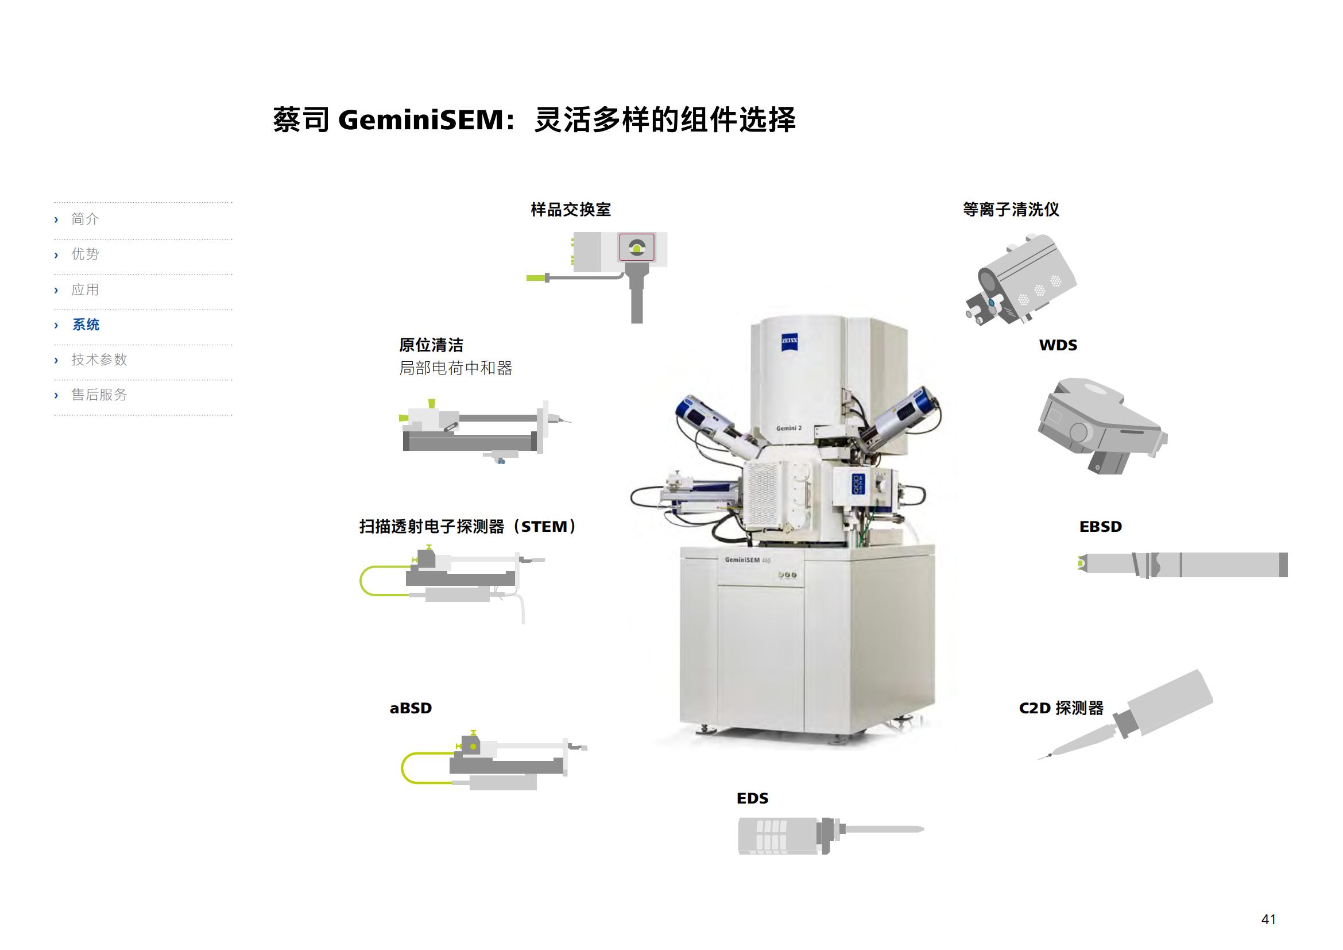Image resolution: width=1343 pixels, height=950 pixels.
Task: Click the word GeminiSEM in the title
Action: pyautogui.click(x=421, y=120)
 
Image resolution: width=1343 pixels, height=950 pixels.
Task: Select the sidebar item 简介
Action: pyautogui.click(x=86, y=219)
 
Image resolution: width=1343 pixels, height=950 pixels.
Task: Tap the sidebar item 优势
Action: pyautogui.click(x=86, y=254)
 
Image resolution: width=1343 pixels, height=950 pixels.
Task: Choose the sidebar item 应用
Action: pyautogui.click(x=86, y=289)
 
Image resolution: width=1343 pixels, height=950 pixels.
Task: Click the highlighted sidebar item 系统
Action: pyautogui.click(x=86, y=325)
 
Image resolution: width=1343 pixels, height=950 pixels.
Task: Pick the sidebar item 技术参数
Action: pyautogui.click(x=99, y=360)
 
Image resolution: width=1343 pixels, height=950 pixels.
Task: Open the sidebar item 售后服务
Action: pyautogui.click(x=99, y=395)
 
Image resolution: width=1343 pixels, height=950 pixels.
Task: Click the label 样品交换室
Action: pyautogui.click(x=571, y=210)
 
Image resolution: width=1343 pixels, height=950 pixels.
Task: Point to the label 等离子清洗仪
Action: pyautogui.click(x=1011, y=210)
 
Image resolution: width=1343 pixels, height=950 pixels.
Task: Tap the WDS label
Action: pyautogui.click(x=1058, y=345)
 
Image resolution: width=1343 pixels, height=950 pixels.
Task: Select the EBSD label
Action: pyautogui.click(x=1101, y=527)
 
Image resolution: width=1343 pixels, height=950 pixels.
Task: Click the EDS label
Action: pyautogui.click(x=753, y=798)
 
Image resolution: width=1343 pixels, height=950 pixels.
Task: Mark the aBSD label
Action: pyautogui.click(x=411, y=708)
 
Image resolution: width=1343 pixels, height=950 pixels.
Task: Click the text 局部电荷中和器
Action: pyautogui.click(x=456, y=368)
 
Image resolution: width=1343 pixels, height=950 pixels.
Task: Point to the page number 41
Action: pyautogui.click(x=1269, y=919)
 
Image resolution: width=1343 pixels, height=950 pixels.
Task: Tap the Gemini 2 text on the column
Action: pyautogui.click(x=789, y=428)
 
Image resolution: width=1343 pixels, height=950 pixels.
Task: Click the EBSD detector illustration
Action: pyautogui.click(x=1183, y=565)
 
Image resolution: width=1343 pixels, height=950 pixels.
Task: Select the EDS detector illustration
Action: pyautogui.click(x=831, y=835)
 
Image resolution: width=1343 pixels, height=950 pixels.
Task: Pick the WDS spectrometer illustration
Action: pyautogui.click(x=1102, y=426)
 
